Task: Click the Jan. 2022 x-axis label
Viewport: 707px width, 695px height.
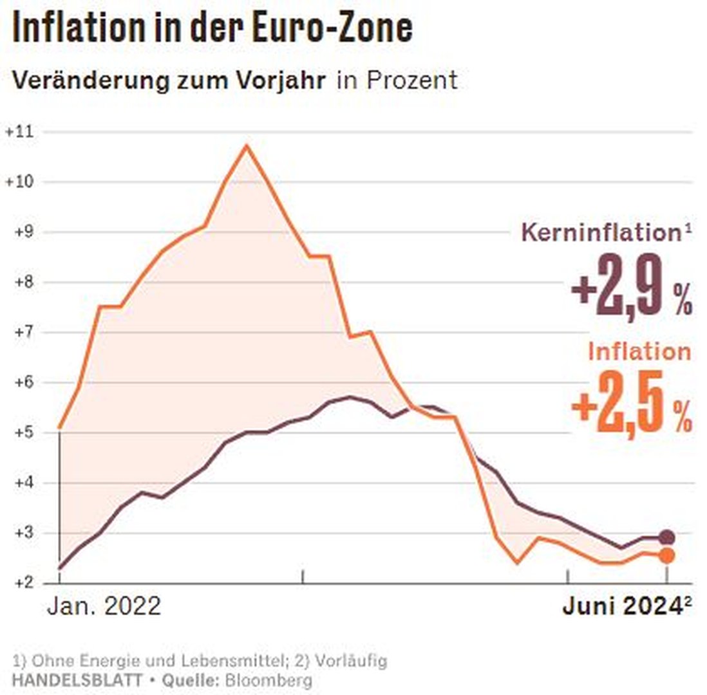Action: (x=103, y=606)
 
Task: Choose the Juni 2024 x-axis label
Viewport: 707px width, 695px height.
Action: (x=621, y=606)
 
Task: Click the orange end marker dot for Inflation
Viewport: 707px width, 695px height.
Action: (x=667, y=555)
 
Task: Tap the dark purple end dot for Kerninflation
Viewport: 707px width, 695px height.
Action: (x=667, y=537)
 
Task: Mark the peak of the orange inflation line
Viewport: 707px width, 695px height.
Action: (x=247, y=145)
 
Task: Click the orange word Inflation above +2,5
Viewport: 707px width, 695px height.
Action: (x=639, y=351)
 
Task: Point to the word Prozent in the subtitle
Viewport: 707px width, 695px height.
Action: (x=412, y=81)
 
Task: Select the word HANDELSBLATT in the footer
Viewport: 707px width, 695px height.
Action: (x=77, y=680)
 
